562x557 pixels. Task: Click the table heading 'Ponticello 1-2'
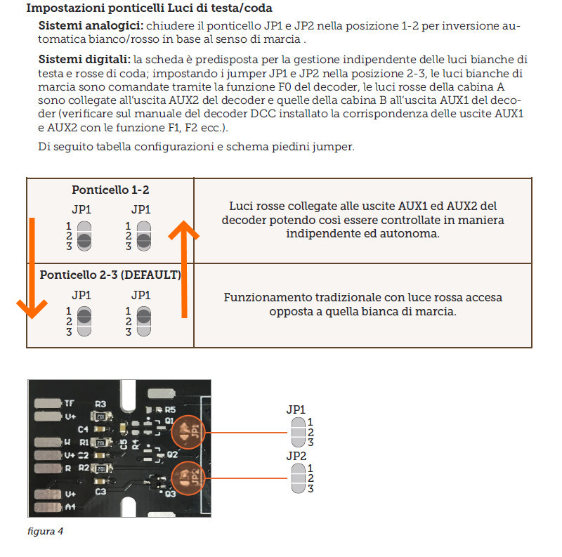click(110, 190)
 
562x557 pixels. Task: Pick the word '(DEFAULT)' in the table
click(150, 275)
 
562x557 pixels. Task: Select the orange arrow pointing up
click(185, 267)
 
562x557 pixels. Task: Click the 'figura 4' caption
click(46, 531)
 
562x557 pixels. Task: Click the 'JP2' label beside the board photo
click(296, 456)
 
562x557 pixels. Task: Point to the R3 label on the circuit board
click(100, 405)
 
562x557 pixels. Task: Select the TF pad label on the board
click(68, 403)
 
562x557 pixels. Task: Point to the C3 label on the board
click(100, 492)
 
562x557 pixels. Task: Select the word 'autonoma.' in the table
click(416, 233)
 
